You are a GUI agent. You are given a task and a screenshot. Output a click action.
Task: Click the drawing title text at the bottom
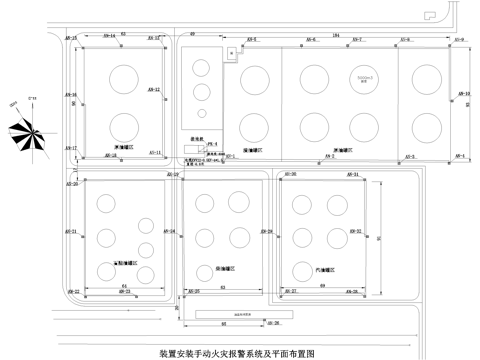pos(237,353)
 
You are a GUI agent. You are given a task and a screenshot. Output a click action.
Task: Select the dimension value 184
pos(338,34)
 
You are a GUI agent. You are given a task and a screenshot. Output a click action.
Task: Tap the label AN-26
pos(272,323)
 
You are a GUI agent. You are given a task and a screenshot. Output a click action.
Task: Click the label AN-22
pos(73,291)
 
